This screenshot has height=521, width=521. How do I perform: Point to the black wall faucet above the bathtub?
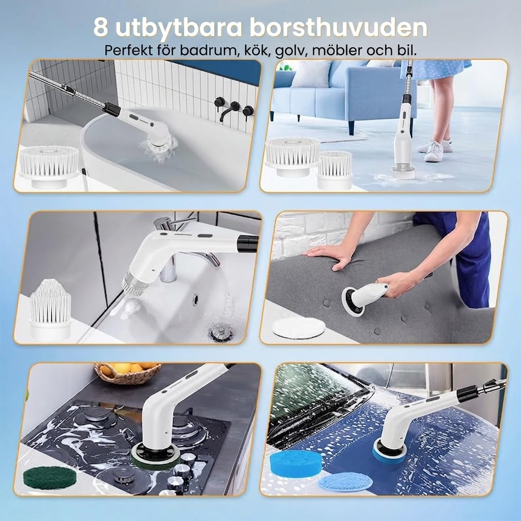[x=233, y=110]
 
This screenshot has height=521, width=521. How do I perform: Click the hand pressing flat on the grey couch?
[x=331, y=254]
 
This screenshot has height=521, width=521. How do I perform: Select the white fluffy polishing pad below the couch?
[x=298, y=328]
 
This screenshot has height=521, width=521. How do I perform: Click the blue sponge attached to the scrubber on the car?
[x=389, y=450]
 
